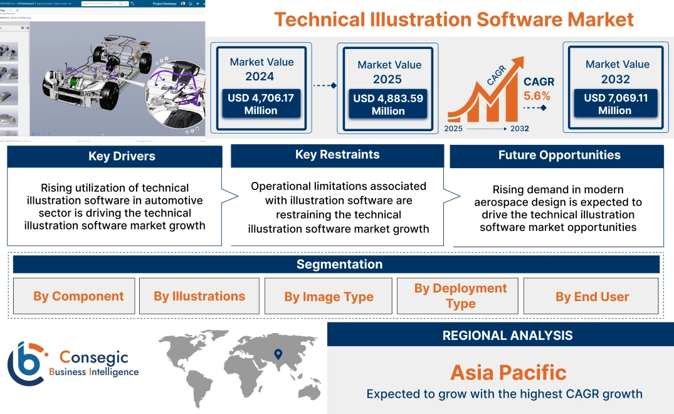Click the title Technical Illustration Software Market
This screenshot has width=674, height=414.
click(x=454, y=19)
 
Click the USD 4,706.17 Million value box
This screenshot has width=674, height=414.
click(x=260, y=103)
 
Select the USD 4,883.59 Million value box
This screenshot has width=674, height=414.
click(x=388, y=104)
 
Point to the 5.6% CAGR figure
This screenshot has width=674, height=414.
click(x=537, y=96)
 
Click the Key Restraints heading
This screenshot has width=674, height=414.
click(x=337, y=154)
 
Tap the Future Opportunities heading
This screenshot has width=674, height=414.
click(x=559, y=155)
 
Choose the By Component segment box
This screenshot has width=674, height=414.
click(x=78, y=296)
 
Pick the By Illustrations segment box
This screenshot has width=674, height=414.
click(x=199, y=296)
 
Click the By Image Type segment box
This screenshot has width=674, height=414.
click(x=329, y=297)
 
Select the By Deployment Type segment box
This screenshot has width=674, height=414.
click(x=460, y=296)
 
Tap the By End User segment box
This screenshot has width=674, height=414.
click(x=592, y=297)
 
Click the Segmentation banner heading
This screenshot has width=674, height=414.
click(x=339, y=264)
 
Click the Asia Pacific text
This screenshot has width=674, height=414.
click(x=508, y=373)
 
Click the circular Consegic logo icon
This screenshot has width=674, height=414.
click(x=26, y=364)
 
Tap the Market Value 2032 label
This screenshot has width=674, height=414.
click(x=617, y=72)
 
